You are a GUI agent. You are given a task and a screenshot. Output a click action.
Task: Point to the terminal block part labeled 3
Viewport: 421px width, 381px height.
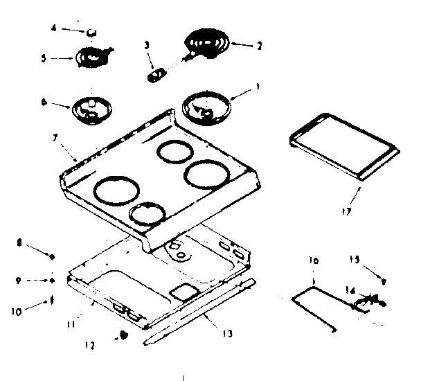pyautogui.click(x=157, y=73)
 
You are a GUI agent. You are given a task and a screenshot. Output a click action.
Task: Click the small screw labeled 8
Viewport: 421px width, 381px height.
pyautogui.click(x=51, y=256)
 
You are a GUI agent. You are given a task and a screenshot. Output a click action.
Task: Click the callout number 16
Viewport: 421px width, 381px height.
pyautogui.click(x=313, y=262)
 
